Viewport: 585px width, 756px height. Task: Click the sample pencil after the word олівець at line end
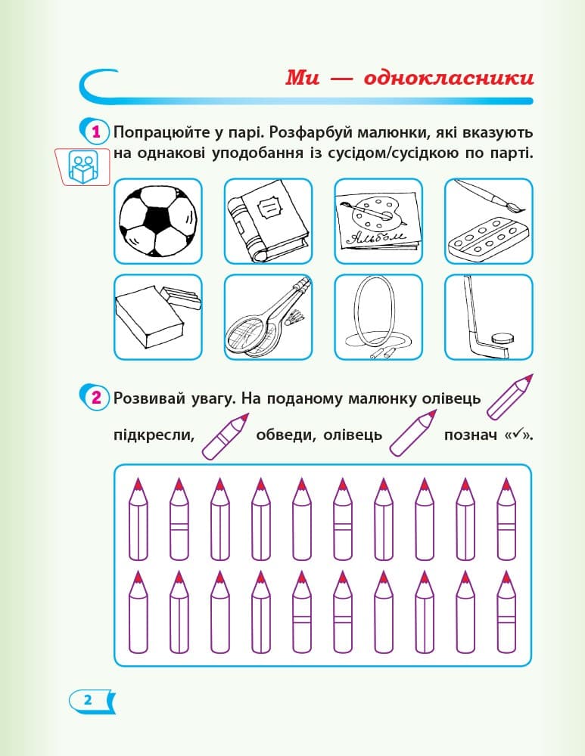pyautogui.click(x=508, y=397)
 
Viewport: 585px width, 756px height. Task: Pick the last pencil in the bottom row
pyautogui.click(x=506, y=612)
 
